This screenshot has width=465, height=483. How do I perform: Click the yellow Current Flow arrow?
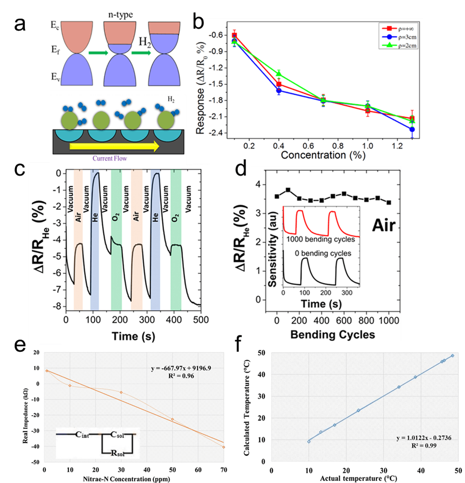pyautogui.click(x=114, y=146)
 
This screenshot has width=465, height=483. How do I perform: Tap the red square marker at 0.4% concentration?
pyautogui.click(x=279, y=84)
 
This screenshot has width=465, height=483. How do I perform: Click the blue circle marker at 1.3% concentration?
pyautogui.click(x=412, y=130)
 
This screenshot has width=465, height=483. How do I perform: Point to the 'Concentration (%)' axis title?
pyautogui.click(x=323, y=155)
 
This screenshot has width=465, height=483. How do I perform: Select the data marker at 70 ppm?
pyautogui.click(x=224, y=447)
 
